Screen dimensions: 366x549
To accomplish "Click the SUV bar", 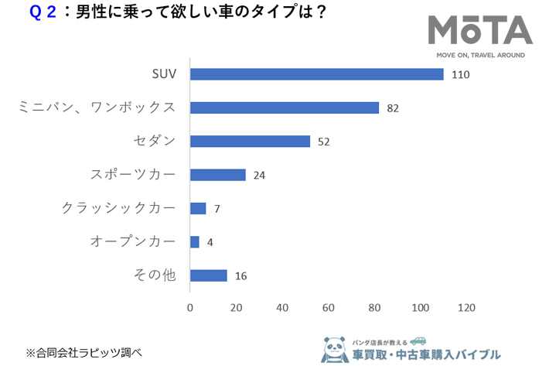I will pyautogui.click(x=316, y=74).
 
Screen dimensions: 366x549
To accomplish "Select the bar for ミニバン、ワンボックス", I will pyautogui.click(x=284, y=108).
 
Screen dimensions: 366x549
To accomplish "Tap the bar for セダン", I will pyautogui.click(x=250, y=142).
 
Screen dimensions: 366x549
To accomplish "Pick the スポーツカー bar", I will pyautogui.click(x=217, y=175).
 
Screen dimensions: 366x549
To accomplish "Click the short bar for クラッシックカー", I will pyautogui.click(x=198, y=208).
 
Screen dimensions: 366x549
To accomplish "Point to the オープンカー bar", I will pyautogui.click(x=195, y=241).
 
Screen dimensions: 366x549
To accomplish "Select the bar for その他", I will pyautogui.click(x=208, y=275).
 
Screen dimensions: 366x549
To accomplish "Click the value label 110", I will pyautogui.click(x=462, y=75).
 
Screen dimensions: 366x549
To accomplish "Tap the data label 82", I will pyautogui.click(x=392, y=108).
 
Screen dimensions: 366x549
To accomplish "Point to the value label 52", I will pyautogui.click(x=323, y=142).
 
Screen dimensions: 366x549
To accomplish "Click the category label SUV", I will pyautogui.click(x=164, y=74).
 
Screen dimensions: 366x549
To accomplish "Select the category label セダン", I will pyautogui.click(x=154, y=142).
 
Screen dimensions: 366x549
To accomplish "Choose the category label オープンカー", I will pyautogui.click(x=133, y=241).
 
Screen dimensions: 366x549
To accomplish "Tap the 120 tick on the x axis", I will pyautogui.click(x=465, y=307).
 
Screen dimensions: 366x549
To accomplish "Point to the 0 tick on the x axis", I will pyautogui.click(x=190, y=307).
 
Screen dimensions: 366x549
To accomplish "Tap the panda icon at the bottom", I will pyautogui.click(x=334, y=349).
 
